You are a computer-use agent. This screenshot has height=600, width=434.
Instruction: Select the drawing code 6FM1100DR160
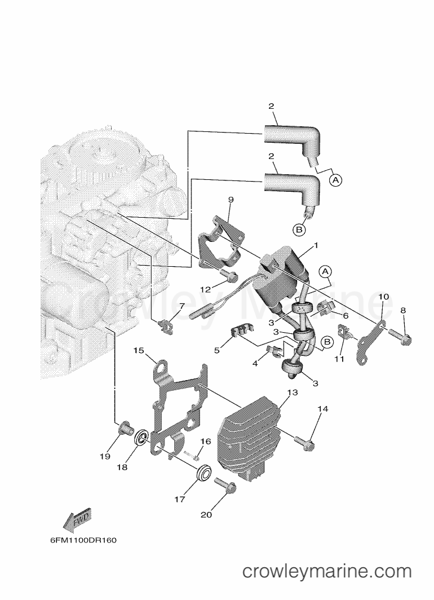coord(83,541)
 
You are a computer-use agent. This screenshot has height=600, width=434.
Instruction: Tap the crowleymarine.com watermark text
coord(327,571)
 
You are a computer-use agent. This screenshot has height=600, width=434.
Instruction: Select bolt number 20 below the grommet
coord(225,484)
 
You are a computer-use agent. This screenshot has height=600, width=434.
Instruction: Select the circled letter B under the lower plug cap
coord(299,229)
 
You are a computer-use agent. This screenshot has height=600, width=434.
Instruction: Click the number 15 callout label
coord(139,351)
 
